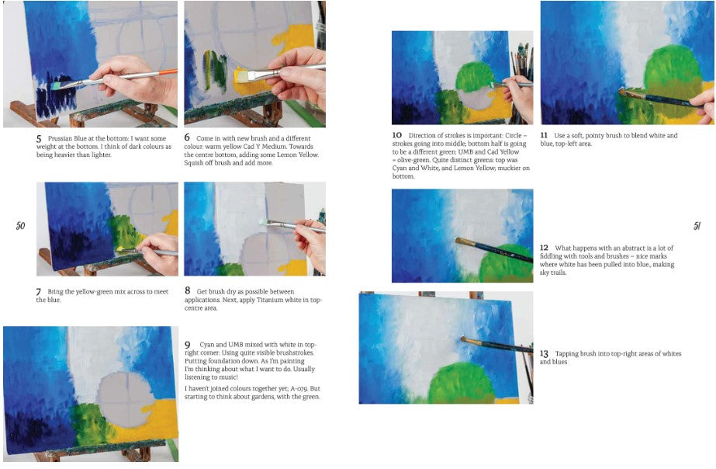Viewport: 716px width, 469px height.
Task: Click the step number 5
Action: pyautogui.click(x=39, y=138)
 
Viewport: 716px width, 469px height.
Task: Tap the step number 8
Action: pyautogui.click(x=187, y=290)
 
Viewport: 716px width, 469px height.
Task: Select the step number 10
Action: pyautogui.click(x=397, y=135)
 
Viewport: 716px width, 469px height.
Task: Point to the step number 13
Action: pyautogui.click(x=544, y=354)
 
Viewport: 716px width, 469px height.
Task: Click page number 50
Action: pyautogui.click(x=20, y=225)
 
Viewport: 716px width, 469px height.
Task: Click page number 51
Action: pyautogui.click(x=697, y=226)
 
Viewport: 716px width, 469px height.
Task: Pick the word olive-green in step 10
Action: pyautogui.click(x=413, y=160)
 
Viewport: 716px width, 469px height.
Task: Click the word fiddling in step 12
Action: pyautogui.click(x=551, y=256)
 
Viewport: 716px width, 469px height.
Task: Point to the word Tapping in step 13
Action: pyautogui.click(x=567, y=354)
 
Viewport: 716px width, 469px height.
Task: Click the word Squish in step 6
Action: pyautogui.click(x=195, y=163)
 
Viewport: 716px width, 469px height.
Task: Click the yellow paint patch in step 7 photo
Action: pyautogui.click(x=171, y=223)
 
